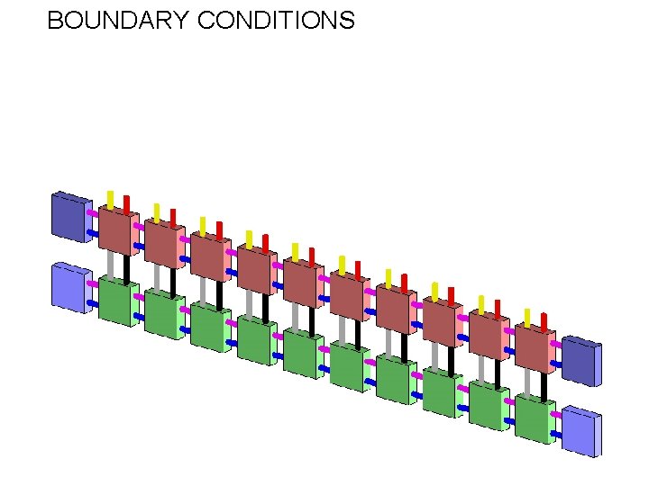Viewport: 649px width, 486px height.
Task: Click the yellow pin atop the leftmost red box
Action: pos(111,199)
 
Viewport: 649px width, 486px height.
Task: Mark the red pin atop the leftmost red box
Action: pos(126,203)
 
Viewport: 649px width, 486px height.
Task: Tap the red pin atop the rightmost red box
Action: pos(543,321)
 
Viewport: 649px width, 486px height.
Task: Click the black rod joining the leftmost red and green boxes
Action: pos(126,267)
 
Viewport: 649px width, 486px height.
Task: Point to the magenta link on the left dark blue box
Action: pos(92,213)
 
